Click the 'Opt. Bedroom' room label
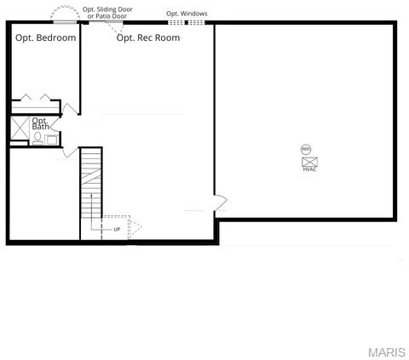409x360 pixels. pos(46,37)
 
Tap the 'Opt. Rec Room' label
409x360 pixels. pos(148,37)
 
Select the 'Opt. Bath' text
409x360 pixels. pos(40,124)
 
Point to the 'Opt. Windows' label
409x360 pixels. pos(186,14)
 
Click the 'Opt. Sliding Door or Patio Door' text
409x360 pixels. pos(107,13)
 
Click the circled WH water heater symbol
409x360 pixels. pos(307,149)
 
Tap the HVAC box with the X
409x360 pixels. pos(309,161)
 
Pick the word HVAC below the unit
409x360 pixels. pos(309,169)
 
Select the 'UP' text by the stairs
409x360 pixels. pos(117,229)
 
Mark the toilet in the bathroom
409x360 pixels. pos(37,137)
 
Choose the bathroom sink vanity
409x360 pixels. pos(51,138)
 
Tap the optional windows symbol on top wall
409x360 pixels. pos(186,22)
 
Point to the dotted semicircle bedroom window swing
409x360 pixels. pos(63,14)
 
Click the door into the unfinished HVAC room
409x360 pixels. pos(219,203)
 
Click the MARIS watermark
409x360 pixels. pos(386,351)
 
